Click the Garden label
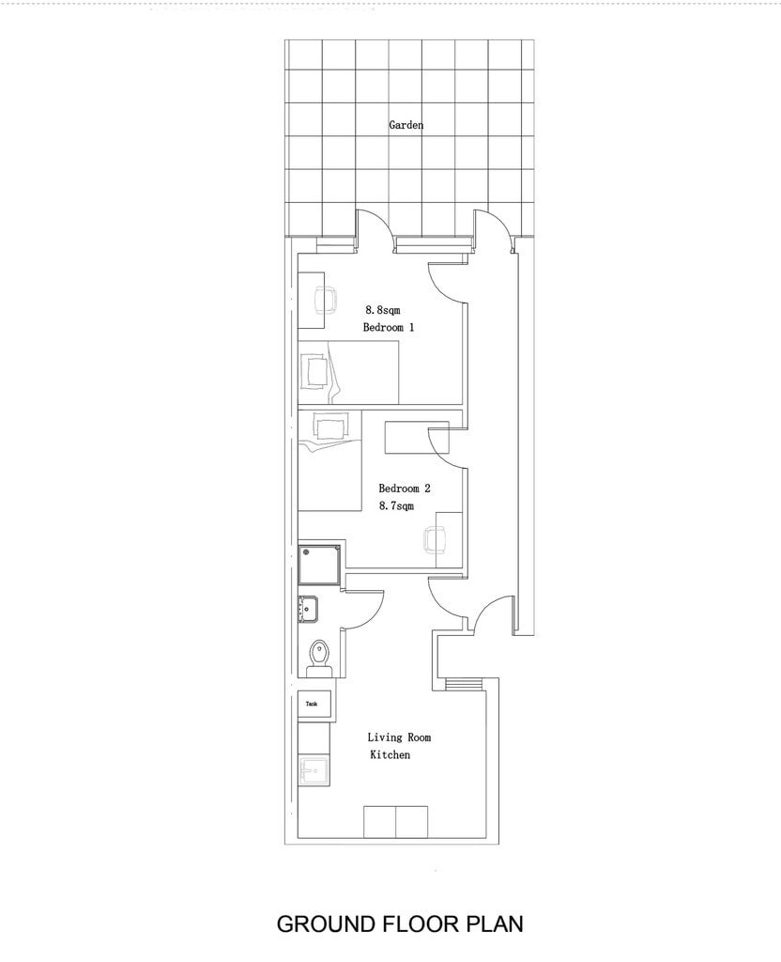pyautogui.click(x=406, y=125)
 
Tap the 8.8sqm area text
pyautogui.click(x=383, y=310)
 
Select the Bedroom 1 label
pyautogui.click(x=388, y=327)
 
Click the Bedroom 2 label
pyautogui.click(x=404, y=489)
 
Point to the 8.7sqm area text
pyautogui.click(x=396, y=505)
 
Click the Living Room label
pyautogui.click(x=399, y=737)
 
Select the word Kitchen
pyautogui.click(x=390, y=754)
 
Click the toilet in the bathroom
pyautogui.click(x=318, y=655)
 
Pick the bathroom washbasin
pyautogui.click(x=308, y=609)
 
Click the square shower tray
pyautogui.click(x=319, y=565)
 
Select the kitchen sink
pyautogui.click(x=314, y=770)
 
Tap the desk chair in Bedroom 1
pyautogui.click(x=326, y=300)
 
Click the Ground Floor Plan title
pyautogui.click(x=400, y=923)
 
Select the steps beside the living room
pyautogui.click(x=465, y=684)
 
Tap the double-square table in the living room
pyautogui.click(x=395, y=822)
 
